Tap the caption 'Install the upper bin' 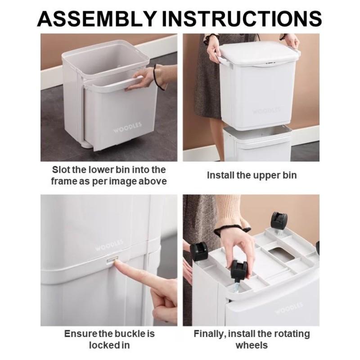[x=252, y=175]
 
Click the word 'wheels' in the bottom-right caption [x=252, y=345]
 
